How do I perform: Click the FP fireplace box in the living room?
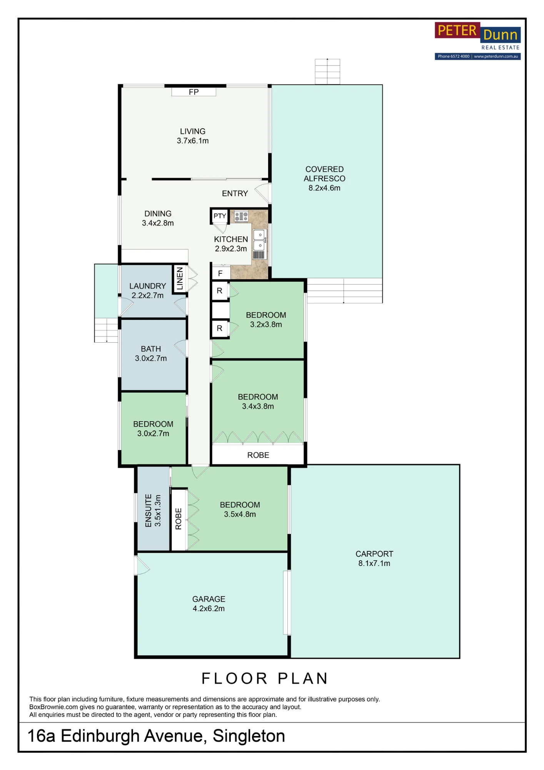[194, 92]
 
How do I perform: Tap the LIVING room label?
[193, 131]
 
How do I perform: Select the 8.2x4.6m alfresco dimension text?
[324, 188]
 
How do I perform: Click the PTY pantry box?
[220, 216]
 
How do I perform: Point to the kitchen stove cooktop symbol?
[241, 216]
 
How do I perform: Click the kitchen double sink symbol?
[259, 240]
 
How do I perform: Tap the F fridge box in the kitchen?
[220, 273]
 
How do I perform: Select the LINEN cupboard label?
[180, 279]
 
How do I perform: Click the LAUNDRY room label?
[148, 286]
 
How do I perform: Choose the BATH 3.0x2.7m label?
[151, 353]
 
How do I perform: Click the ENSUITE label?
[149, 511]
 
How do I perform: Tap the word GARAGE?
[209, 599]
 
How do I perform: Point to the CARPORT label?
[374, 554]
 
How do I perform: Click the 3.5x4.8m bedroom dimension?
[240, 514]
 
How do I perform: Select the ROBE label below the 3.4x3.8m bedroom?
[258, 455]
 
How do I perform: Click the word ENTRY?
[235, 193]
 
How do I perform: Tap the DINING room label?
[158, 214]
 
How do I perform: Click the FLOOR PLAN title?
[265, 679]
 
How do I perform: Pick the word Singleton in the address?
[249, 736]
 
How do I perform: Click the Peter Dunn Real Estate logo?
[477, 41]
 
